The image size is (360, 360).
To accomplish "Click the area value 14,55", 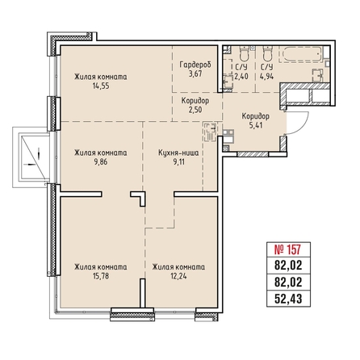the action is point(101,86).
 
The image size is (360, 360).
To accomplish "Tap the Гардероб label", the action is point(195,65).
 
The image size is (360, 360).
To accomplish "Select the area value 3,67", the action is point(195,73).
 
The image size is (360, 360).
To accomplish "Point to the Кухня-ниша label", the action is point(178,153).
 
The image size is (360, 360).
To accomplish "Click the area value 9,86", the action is point(101,162).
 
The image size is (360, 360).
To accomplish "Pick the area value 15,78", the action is point(101,276).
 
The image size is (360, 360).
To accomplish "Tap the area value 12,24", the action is point(178,276).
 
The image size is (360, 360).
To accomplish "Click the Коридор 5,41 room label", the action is point(256,116).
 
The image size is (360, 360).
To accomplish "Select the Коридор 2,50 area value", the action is point(195,110).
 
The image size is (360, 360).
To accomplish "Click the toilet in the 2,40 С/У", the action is point(245,54).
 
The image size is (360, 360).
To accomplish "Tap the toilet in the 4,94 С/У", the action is point(267,54).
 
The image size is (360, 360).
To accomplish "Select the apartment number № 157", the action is point(288,249).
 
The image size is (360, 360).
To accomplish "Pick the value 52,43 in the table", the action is point(288,299).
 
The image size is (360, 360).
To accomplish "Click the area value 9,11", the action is point(178,162).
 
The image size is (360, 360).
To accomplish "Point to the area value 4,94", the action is point(266,77).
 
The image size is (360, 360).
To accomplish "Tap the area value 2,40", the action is point(241,77).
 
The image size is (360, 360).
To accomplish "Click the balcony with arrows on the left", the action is point(31,157).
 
